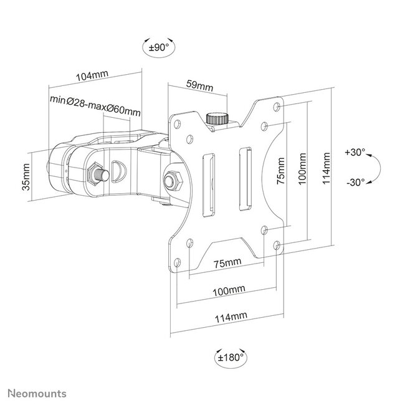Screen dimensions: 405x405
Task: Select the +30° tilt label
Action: pyautogui.click(x=355, y=151)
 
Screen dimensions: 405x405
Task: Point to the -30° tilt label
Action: pyautogui.click(x=355, y=183)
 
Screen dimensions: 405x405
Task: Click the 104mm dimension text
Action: pyautogui.click(x=92, y=75)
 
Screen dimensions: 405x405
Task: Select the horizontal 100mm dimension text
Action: pyautogui.click(x=228, y=290)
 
